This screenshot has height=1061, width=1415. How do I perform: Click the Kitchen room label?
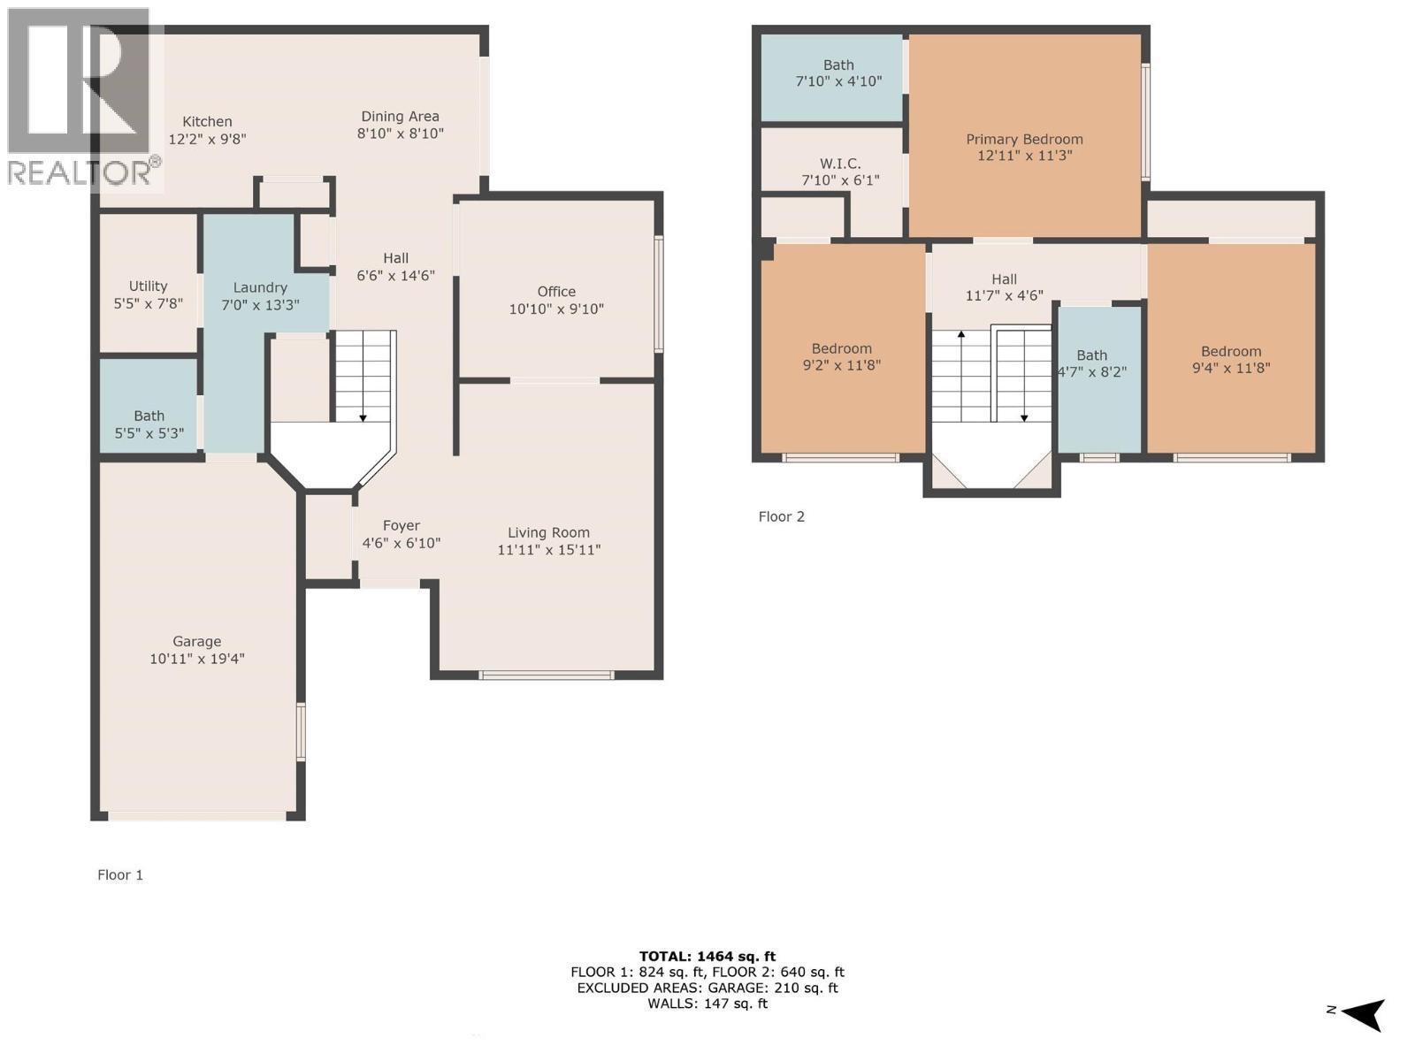point(207,122)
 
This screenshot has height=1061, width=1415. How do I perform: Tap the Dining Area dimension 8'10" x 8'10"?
point(400,134)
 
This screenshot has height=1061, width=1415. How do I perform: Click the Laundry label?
point(260,287)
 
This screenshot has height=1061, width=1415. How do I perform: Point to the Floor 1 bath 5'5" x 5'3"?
point(149,424)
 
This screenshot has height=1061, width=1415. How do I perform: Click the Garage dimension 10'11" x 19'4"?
point(196,659)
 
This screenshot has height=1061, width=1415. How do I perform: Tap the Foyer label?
point(401,526)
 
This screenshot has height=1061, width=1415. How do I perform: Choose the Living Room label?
point(548,532)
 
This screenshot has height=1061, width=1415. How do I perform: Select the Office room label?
point(556,292)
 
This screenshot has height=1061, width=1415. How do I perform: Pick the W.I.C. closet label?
point(839,164)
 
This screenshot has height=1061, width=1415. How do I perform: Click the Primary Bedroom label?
point(1024,140)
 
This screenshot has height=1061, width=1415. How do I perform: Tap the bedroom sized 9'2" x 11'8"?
point(842,357)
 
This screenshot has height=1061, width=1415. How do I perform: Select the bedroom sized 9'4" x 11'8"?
point(1231,360)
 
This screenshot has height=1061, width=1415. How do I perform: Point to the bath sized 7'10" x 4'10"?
point(838,73)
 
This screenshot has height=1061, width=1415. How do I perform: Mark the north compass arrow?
point(1364,1013)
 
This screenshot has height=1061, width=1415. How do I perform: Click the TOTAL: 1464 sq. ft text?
point(707,956)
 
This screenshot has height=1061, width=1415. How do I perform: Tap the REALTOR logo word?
point(80,172)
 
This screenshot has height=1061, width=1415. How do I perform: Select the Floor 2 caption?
point(781,516)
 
